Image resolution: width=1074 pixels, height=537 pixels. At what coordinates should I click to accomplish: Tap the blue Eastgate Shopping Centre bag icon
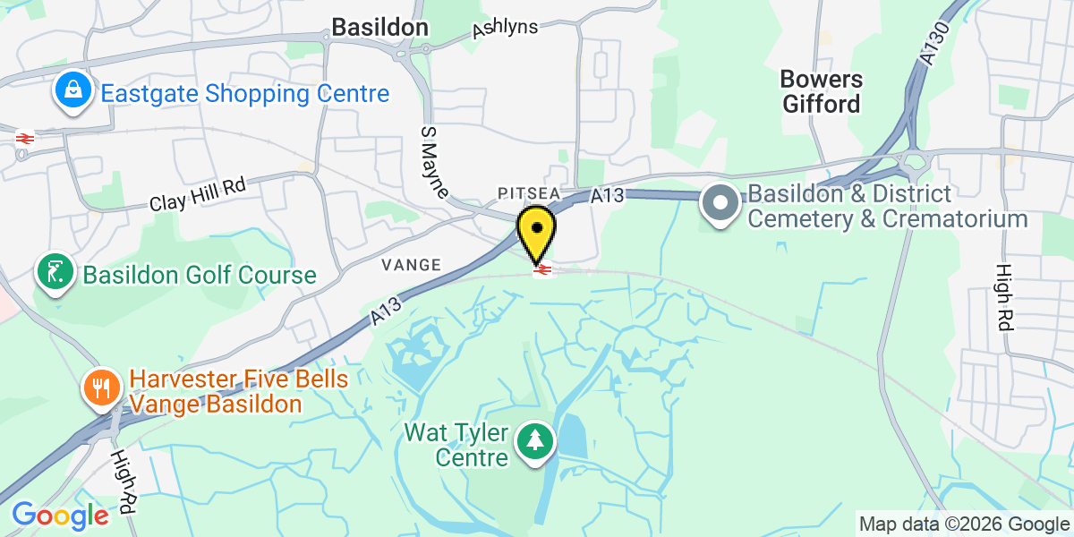click(71, 92)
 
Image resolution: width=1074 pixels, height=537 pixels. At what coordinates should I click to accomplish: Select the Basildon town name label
click(379, 28)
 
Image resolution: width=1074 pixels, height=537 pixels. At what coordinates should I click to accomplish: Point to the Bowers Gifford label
click(822, 91)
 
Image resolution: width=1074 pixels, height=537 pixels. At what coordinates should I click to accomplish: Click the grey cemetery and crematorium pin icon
click(720, 205)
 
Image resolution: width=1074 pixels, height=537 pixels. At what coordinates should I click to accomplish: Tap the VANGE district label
click(411, 265)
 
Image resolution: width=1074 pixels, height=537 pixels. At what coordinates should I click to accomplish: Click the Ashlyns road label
click(505, 29)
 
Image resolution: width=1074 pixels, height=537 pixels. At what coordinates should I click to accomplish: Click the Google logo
click(60, 516)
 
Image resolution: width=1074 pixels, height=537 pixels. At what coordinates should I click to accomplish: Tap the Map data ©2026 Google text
click(964, 524)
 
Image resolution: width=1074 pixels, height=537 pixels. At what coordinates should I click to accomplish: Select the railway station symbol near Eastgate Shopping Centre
click(24, 138)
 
